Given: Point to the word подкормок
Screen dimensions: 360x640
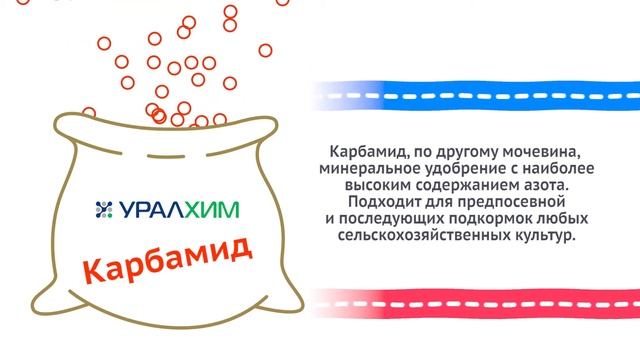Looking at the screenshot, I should [466, 221].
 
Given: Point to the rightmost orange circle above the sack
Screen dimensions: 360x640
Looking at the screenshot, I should [266, 50].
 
